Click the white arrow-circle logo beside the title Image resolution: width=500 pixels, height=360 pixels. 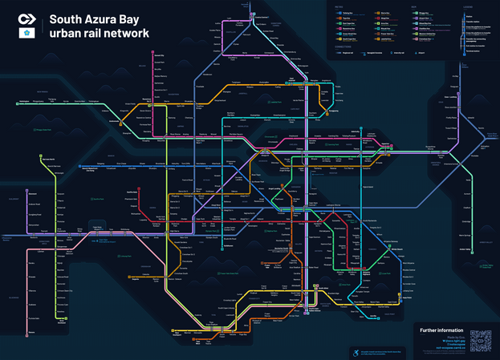(26, 18)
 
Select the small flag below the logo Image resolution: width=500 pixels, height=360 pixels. (26, 34)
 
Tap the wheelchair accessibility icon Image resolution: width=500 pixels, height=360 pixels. (352, 350)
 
